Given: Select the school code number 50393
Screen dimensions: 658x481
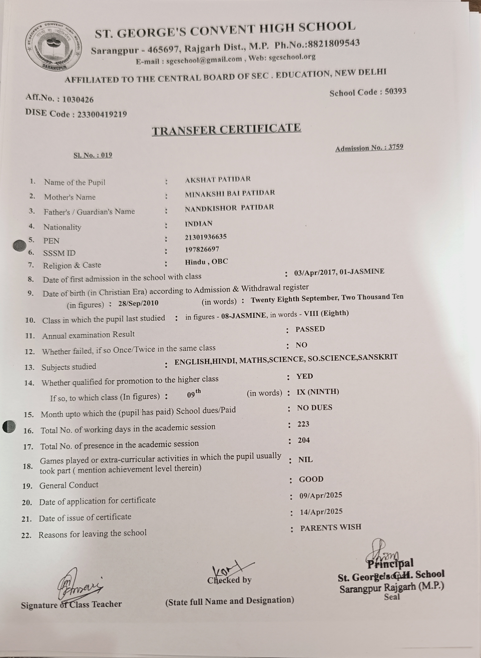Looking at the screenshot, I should click(x=395, y=92).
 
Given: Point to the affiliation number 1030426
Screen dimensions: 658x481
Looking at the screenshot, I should click(x=78, y=100).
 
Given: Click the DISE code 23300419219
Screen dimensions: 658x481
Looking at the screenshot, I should click(x=102, y=114).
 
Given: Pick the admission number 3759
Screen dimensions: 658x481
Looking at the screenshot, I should click(x=396, y=147).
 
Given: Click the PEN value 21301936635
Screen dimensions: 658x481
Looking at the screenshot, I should click(x=206, y=237).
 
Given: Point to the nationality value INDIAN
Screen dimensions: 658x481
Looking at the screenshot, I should click(x=199, y=224).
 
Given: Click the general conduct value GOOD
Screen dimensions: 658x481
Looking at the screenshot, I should click(x=311, y=479).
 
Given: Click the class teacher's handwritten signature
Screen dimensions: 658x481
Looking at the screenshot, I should click(x=79, y=584).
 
